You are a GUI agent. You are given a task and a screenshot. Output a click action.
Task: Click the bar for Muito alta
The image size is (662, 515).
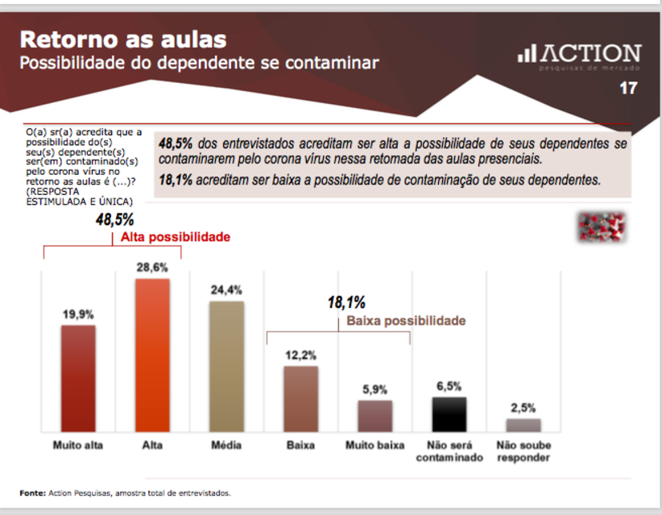click(x=78, y=378)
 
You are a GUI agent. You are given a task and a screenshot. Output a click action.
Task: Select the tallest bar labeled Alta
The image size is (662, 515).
click(x=152, y=355)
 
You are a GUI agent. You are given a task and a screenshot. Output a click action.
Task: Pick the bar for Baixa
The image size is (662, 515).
click(x=300, y=399)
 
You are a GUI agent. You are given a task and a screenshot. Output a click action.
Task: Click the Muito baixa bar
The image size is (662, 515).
click(x=374, y=416)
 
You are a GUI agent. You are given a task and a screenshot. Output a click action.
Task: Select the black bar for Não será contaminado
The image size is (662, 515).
click(x=449, y=414)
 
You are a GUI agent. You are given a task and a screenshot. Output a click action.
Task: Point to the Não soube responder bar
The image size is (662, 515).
click(x=523, y=425)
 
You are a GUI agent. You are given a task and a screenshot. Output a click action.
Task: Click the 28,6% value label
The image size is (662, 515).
click(x=152, y=267)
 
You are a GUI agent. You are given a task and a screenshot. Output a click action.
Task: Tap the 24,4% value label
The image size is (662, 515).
click(x=226, y=289)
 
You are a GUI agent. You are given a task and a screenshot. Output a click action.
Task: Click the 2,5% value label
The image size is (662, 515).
click(x=523, y=408)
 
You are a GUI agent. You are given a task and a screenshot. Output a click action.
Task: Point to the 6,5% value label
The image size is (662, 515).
click(x=449, y=386)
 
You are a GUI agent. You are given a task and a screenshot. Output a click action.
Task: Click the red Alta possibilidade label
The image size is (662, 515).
click(x=176, y=238)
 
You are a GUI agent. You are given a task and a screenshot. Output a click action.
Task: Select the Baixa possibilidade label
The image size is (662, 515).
click(x=406, y=321)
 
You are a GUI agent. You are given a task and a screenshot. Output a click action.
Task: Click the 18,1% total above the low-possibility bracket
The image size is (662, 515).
click(x=346, y=303)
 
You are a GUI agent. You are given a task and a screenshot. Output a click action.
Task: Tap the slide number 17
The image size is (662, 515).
click(x=628, y=89)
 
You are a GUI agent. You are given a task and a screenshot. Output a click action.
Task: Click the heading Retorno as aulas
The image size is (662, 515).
click(x=122, y=39)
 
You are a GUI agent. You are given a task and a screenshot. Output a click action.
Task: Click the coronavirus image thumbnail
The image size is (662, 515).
click(x=602, y=227)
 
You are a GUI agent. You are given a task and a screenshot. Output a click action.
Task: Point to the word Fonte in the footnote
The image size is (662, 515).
click(x=32, y=492)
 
